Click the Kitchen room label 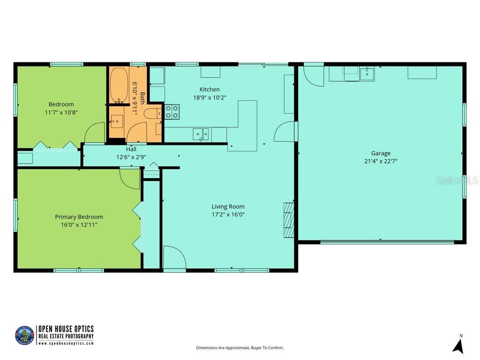point(210,90)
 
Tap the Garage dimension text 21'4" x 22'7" point(381,161)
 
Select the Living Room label point(228,207)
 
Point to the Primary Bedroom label point(79,217)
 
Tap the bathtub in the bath point(119,85)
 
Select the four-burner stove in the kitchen point(172,112)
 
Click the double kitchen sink point(201,134)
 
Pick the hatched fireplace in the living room point(289,220)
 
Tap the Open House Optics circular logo point(24,336)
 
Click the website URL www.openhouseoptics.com point(66,343)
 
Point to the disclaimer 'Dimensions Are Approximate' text point(240,348)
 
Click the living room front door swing point(174,257)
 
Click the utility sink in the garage point(367,74)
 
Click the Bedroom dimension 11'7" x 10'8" point(61,112)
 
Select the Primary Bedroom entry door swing point(130,178)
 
